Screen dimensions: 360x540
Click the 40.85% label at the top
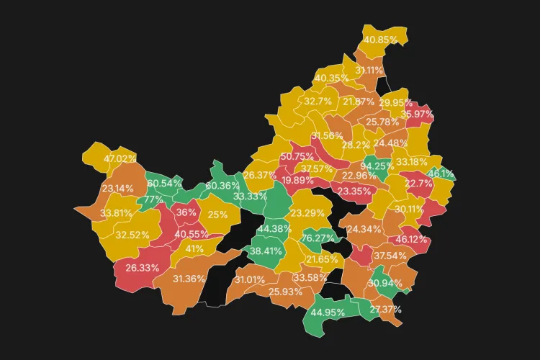[x=380, y=40]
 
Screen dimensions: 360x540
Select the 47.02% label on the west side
[x=120, y=159]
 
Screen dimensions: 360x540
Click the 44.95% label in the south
[x=327, y=312]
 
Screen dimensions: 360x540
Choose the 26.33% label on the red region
[x=142, y=268]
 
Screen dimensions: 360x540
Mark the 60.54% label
[x=164, y=184]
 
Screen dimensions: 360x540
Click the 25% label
[x=217, y=215]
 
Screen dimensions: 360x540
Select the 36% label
[x=186, y=213]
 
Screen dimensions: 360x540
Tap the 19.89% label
[x=297, y=180]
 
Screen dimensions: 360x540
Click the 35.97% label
[x=417, y=114]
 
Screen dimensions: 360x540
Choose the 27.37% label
[x=385, y=310]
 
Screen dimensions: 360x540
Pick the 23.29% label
[x=307, y=213]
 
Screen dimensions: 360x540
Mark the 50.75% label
[x=297, y=157]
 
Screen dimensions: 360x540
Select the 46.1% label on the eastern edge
[x=441, y=174]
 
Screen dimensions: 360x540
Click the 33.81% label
[x=116, y=214]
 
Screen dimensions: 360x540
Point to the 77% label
[x=153, y=200]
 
